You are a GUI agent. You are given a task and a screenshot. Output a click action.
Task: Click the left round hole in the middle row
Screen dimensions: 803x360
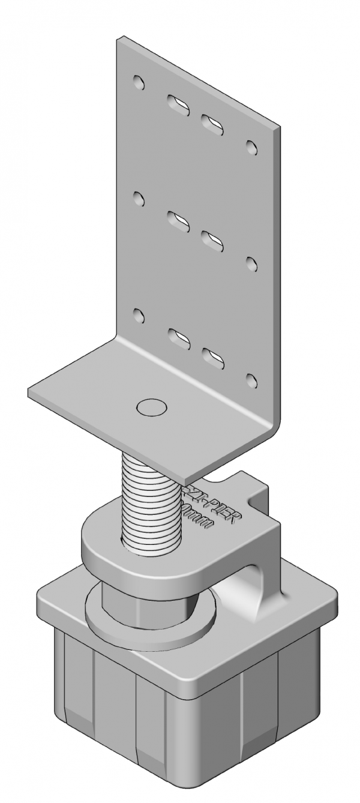[x=139, y=198]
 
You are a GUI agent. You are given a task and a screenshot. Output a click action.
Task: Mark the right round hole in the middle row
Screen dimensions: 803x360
[x=252, y=263]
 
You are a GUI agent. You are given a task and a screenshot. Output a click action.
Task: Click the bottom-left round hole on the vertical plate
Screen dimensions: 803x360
[x=139, y=314]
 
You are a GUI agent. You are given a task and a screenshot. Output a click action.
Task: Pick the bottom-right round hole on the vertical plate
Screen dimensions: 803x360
[x=252, y=380]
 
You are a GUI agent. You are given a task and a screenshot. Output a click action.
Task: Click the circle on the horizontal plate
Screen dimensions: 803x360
[x=151, y=407]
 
